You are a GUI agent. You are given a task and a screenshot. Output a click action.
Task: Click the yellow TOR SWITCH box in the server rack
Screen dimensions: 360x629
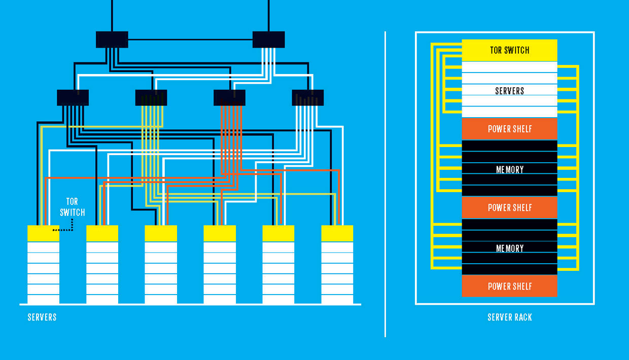pos(509,50)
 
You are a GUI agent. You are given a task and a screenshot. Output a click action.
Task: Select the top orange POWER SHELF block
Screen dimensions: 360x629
pos(509,129)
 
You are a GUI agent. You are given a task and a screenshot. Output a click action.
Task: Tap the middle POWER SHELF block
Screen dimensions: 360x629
pos(509,207)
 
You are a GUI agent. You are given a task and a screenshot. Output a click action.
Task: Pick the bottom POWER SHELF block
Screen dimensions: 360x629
pos(509,286)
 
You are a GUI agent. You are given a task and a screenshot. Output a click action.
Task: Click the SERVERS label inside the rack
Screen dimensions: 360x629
pos(509,91)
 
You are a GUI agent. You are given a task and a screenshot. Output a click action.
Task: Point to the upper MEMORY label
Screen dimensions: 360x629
pos(509,169)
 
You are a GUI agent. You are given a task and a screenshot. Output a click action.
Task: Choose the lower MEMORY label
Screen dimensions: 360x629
pos(509,248)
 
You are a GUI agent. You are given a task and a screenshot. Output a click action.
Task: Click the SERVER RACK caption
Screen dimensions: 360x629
pos(509,317)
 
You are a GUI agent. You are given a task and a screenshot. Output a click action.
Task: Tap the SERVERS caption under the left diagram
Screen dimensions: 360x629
pos(42,317)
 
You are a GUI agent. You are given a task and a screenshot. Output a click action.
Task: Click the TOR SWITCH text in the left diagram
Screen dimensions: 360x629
pos(73,207)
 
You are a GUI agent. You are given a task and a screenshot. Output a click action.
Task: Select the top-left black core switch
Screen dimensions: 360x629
pos(112,40)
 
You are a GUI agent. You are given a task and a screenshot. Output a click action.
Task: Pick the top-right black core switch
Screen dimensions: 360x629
pos(268,40)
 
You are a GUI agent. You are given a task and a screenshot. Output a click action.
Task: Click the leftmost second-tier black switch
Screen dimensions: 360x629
pos(73,97)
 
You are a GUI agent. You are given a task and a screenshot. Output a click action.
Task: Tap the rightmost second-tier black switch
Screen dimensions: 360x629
pos(307,97)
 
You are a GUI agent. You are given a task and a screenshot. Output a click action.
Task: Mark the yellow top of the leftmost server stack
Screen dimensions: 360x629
pos(43,233)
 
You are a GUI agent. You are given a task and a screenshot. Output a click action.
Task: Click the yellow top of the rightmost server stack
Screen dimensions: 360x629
pos(337,233)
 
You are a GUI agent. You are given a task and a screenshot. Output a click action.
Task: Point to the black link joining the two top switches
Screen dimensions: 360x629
pos(190,39)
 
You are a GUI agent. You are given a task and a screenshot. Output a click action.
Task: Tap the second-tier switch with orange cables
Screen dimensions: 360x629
pos(229,97)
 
